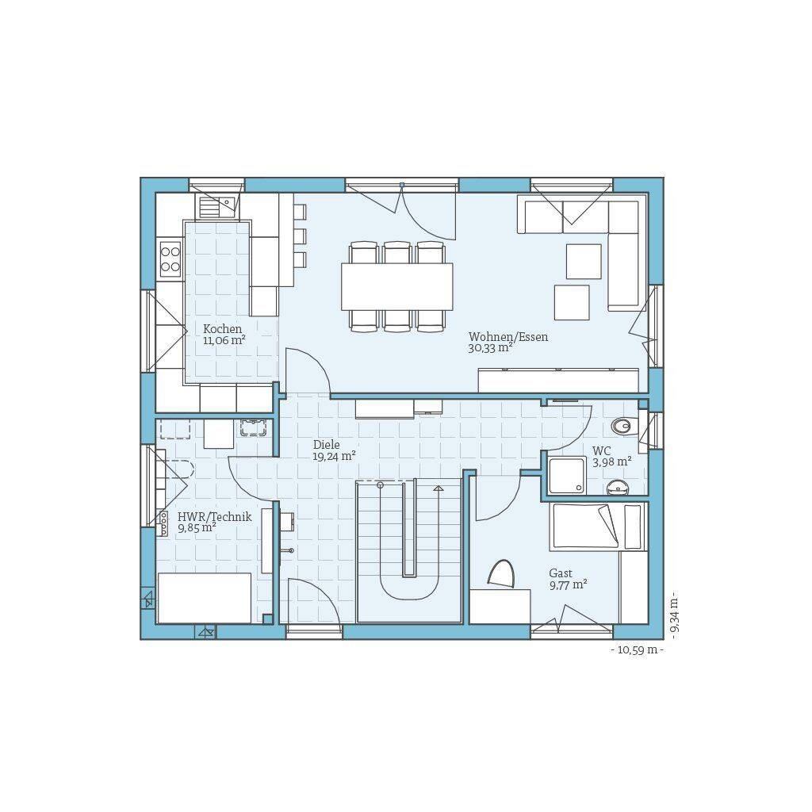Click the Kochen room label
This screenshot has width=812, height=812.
(223, 329)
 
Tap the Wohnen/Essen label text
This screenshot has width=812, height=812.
(508, 336)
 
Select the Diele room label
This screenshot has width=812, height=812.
(326, 444)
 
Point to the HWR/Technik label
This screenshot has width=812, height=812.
(214, 516)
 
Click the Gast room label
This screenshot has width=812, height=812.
(561, 573)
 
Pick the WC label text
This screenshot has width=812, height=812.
(602, 450)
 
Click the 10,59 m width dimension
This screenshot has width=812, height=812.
(637, 649)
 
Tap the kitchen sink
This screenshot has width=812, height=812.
(216, 207)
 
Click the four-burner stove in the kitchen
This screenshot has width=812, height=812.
(170, 259)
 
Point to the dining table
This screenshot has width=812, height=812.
(396, 286)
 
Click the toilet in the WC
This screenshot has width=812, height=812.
(622, 426)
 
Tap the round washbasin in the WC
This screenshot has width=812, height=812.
(617, 487)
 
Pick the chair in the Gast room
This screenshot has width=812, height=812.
(501, 574)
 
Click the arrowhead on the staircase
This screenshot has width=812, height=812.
(439, 488)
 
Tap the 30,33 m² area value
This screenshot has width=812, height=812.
(490, 348)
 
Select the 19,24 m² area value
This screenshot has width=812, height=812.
(334, 456)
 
